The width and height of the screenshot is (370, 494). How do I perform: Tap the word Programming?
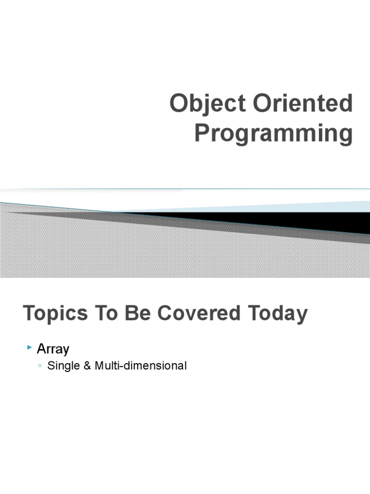(273, 134)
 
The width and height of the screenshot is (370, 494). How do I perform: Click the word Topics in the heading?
(55, 314)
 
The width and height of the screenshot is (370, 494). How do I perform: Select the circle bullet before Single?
(40, 366)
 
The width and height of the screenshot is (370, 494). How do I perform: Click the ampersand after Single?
(87, 366)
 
